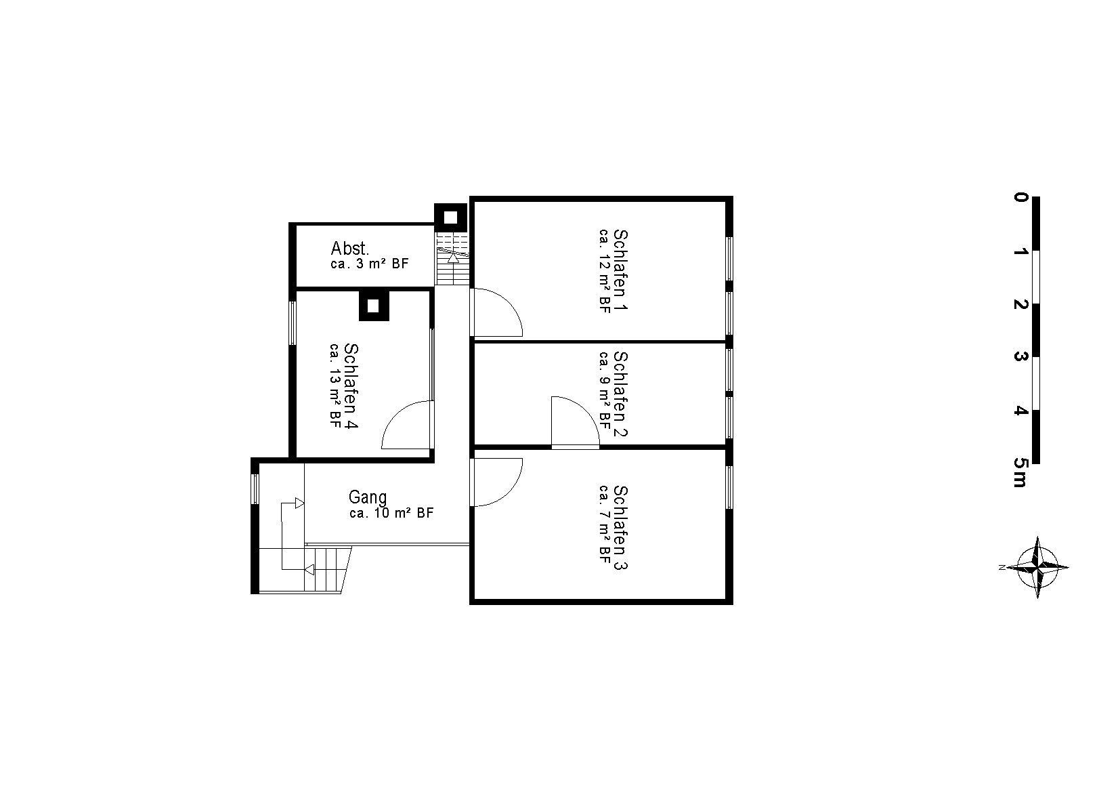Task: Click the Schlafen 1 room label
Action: click(620, 270)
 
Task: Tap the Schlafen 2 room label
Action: click(620, 394)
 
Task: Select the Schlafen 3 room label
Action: click(620, 528)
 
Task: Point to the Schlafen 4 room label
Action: click(351, 386)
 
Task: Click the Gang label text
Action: click(368, 497)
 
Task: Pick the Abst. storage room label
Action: click(349, 248)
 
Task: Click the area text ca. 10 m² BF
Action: click(391, 513)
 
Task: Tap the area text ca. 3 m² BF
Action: click(370, 264)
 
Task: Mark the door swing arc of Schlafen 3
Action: click(508, 491)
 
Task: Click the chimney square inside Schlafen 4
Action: click(374, 306)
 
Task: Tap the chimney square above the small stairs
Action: click(450, 217)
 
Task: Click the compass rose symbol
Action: click(1037, 567)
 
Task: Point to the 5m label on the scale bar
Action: click(1020, 472)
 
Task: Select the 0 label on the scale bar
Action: click(1020, 197)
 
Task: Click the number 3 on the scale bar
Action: click(1020, 357)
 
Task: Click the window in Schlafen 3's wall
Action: click(729, 487)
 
